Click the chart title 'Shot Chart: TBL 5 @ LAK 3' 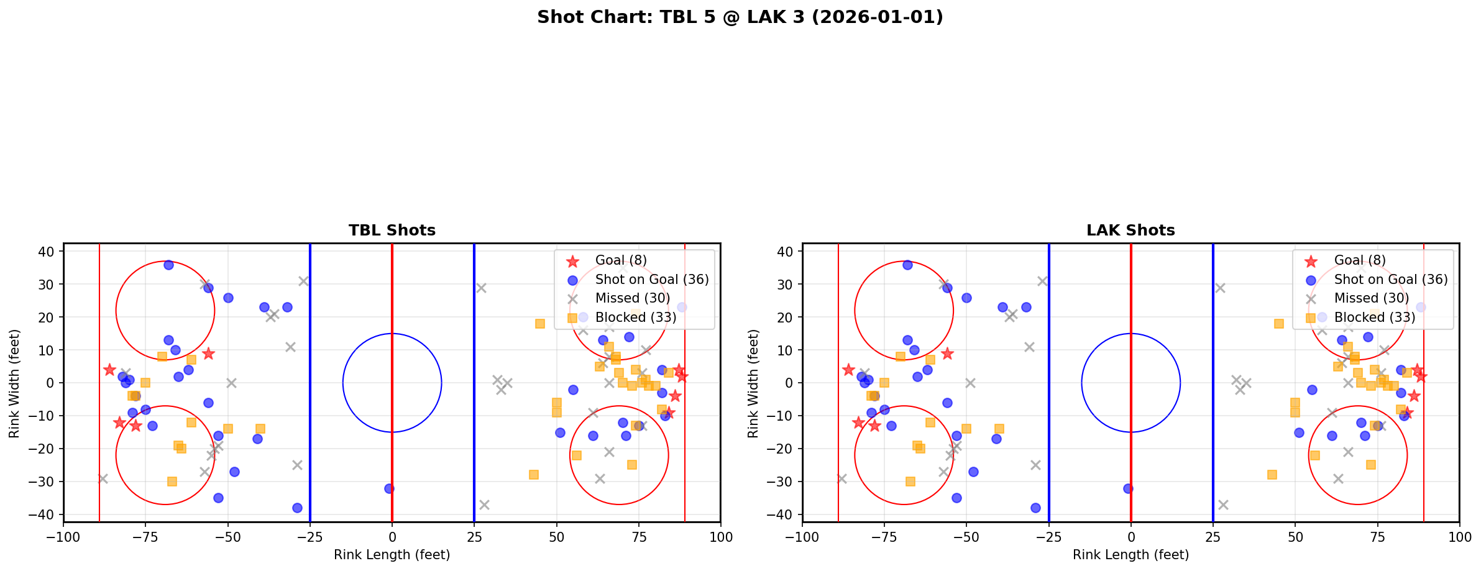pyautogui.click(x=740, y=17)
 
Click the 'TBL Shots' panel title pyautogui.click(x=392, y=231)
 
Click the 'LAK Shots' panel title pyautogui.click(x=1130, y=231)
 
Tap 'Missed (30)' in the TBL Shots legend pyautogui.click(x=632, y=298)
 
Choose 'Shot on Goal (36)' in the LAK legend pyautogui.click(x=1391, y=280)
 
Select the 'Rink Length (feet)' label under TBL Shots pyautogui.click(x=392, y=555)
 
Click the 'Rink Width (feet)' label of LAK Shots pyautogui.click(x=753, y=383)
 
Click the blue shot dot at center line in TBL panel pyautogui.click(x=389, y=488)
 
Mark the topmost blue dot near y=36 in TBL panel pyautogui.click(x=168, y=265)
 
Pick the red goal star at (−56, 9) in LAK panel pyautogui.click(x=947, y=354)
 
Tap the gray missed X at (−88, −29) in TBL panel pyautogui.click(x=103, y=478)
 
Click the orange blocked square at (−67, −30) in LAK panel pyautogui.click(x=910, y=482)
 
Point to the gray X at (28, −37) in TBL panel pyautogui.click(x=484, y=505)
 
